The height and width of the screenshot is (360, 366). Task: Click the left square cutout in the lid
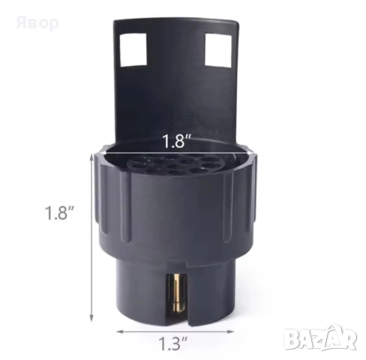(x=133, y=49)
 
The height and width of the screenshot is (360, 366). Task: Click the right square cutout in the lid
(x=218, y=50)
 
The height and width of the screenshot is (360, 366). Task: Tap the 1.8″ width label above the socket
(x=177, y=141)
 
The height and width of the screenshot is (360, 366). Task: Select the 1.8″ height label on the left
(x=58, y=213)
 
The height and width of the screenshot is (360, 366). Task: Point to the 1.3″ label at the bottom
(x=173, y=343)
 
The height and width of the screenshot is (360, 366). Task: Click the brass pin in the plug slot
(x=178, y=295)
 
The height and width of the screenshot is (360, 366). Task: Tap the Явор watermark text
(x=37, y=23)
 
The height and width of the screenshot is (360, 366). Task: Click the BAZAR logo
(x=322, y=339)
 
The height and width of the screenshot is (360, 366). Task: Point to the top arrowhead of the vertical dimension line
(x=91, y=157)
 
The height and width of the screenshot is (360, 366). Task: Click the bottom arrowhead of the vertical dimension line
(x=91, y=317)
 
